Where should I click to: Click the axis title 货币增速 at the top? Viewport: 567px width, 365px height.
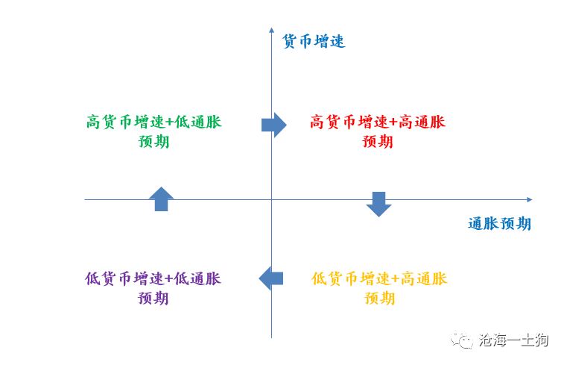[314, 41]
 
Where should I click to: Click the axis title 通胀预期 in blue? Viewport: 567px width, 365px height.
[499, 223]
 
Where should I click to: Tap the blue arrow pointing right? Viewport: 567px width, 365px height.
[274, 125]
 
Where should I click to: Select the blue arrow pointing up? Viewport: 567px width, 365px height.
[161, 199]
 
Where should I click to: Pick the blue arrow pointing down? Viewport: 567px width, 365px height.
[378, 205]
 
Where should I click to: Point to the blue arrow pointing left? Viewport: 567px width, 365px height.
[271, 278]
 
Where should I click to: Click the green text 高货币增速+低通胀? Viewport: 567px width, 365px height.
[154, 122]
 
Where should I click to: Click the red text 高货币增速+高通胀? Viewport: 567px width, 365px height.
[378, 122]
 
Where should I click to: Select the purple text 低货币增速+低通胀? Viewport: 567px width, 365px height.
[153, 279]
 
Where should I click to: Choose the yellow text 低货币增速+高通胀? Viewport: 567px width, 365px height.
[379, 279]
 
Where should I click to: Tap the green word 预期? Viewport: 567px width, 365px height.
[153, 141]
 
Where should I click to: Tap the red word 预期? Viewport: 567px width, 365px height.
[378, 141]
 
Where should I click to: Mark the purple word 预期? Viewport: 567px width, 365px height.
[153, 299]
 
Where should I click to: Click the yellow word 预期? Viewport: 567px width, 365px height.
[379, 299]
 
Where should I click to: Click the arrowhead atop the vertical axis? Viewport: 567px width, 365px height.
[271, 30]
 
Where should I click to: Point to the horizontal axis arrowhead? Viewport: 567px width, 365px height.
[530, 199]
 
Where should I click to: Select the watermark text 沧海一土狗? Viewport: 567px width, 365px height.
[513, 340]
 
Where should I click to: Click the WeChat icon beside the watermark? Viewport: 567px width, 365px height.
[462, 340]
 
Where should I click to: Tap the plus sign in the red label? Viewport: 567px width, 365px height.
[394, 122]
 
